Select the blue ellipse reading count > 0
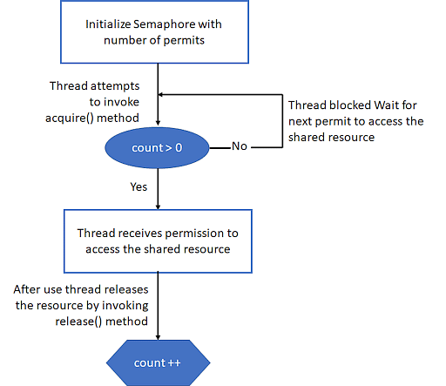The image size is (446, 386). (157, 148)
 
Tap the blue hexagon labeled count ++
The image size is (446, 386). (158, 362)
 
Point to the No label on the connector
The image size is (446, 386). (240, 146)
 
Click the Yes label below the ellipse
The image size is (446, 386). (139, 186)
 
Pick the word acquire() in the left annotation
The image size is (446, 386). (70, 119)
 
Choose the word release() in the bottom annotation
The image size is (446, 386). (78, 322)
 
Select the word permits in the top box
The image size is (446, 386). (184, 41)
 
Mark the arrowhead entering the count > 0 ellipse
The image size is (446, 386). (158, 124)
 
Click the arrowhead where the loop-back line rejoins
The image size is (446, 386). (160, 94)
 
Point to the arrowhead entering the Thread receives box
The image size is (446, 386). (158, 207)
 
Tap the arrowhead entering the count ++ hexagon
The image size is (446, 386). (158, 337)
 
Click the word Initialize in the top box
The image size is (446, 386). (108, 24)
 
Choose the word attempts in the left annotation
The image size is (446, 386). (115, 86)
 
